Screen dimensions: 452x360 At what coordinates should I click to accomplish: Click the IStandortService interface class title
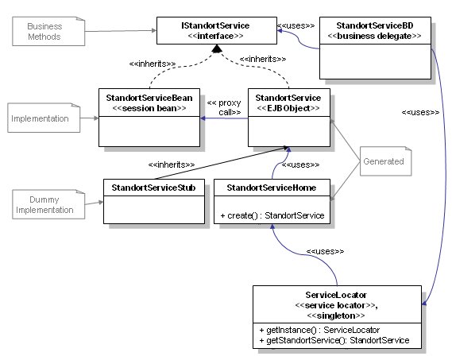(x=215, y=25)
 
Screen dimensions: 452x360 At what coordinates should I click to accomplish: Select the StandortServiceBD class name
(x=375, y=25)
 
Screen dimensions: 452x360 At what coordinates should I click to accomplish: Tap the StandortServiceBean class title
(x=149, y=98)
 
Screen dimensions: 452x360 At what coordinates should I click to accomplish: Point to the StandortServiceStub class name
(x=153, y=188)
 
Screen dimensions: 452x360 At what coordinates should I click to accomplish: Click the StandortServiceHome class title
(x=272, y=188)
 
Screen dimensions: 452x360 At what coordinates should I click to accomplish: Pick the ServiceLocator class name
(x=336, y=295)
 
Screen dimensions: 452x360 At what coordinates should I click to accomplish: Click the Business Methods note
(x=48, y=31)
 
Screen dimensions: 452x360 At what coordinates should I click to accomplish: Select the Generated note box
(x=386, y=161)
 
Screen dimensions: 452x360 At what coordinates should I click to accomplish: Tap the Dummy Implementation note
(x=48, y=204)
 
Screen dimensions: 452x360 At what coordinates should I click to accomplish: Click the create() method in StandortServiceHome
(x=272, y=215)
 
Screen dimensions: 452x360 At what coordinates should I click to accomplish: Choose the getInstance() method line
(x=319, y=330)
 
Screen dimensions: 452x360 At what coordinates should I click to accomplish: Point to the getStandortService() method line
(x=334, y=340)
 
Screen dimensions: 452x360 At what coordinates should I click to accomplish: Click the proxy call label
(x=224, y=107)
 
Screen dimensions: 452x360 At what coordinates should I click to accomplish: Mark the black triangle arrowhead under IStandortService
(x=217, y=48)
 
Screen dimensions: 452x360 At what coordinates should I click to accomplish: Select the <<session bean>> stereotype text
(x=149, y=108)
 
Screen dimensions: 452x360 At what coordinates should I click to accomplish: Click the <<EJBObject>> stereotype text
(x=288, y=108)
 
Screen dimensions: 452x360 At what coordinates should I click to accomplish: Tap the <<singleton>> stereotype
(x=336, y=315)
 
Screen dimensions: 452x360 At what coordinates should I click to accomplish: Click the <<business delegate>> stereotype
(x=375, y=36)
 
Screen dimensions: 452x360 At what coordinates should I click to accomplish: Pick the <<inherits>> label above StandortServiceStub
(x=172, y=165)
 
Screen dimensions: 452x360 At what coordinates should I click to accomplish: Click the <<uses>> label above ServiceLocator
(x=325, y=251)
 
